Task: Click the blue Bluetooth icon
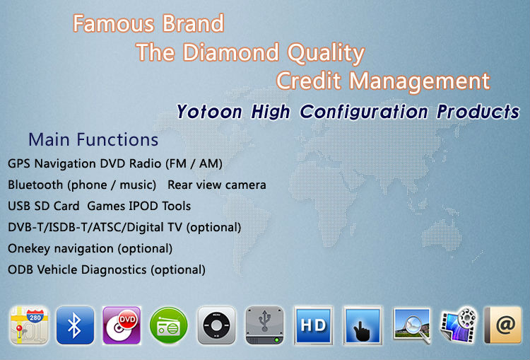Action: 75,325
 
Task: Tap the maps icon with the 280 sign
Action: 30,325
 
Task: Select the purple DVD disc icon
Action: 122,325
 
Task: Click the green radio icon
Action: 168,325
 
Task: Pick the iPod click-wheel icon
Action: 216,325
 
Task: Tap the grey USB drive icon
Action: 265,325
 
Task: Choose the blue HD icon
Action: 313,325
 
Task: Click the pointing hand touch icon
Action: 363,325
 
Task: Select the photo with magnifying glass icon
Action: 412,325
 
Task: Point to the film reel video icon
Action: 459,325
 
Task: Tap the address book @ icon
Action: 503,325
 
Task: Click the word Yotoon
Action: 209,111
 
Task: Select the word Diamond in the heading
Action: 231,52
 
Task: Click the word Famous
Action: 114,23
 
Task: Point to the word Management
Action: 420,81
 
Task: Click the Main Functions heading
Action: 93,139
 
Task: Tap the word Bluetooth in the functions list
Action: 35,185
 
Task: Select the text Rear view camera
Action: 217,185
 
